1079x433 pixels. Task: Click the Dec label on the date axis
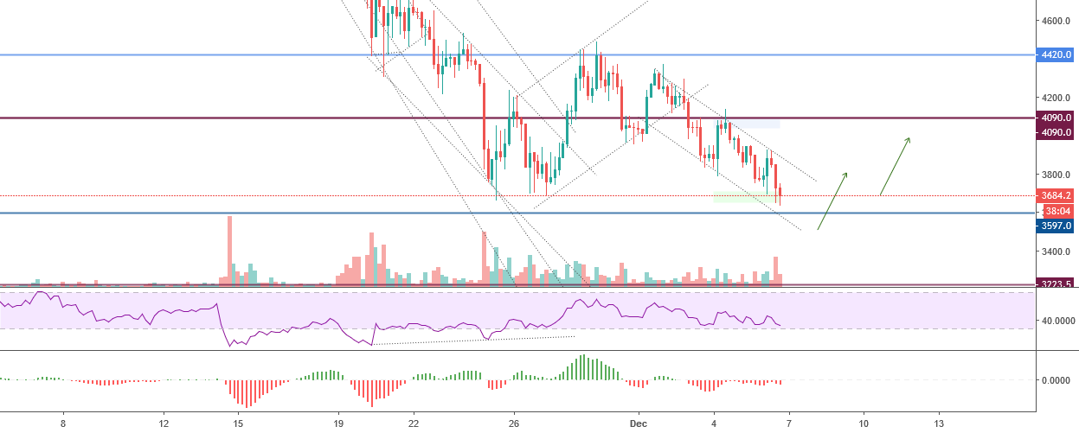click(x=639, y=424)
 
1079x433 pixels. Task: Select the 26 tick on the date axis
click(x=514, y=424)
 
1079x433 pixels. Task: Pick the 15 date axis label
click(x=238, y=424)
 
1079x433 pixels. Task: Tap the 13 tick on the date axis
click(x=939, y=424)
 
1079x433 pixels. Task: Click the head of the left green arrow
click(x=845, y=174)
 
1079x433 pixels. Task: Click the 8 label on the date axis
click(x=63, y=424)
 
